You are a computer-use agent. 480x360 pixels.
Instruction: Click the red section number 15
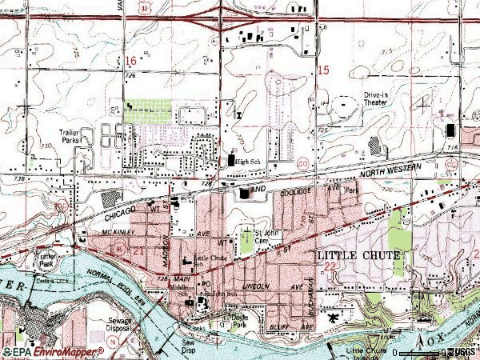323,71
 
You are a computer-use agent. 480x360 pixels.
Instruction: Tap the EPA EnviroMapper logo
53,352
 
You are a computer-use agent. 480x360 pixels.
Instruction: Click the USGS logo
462,352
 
